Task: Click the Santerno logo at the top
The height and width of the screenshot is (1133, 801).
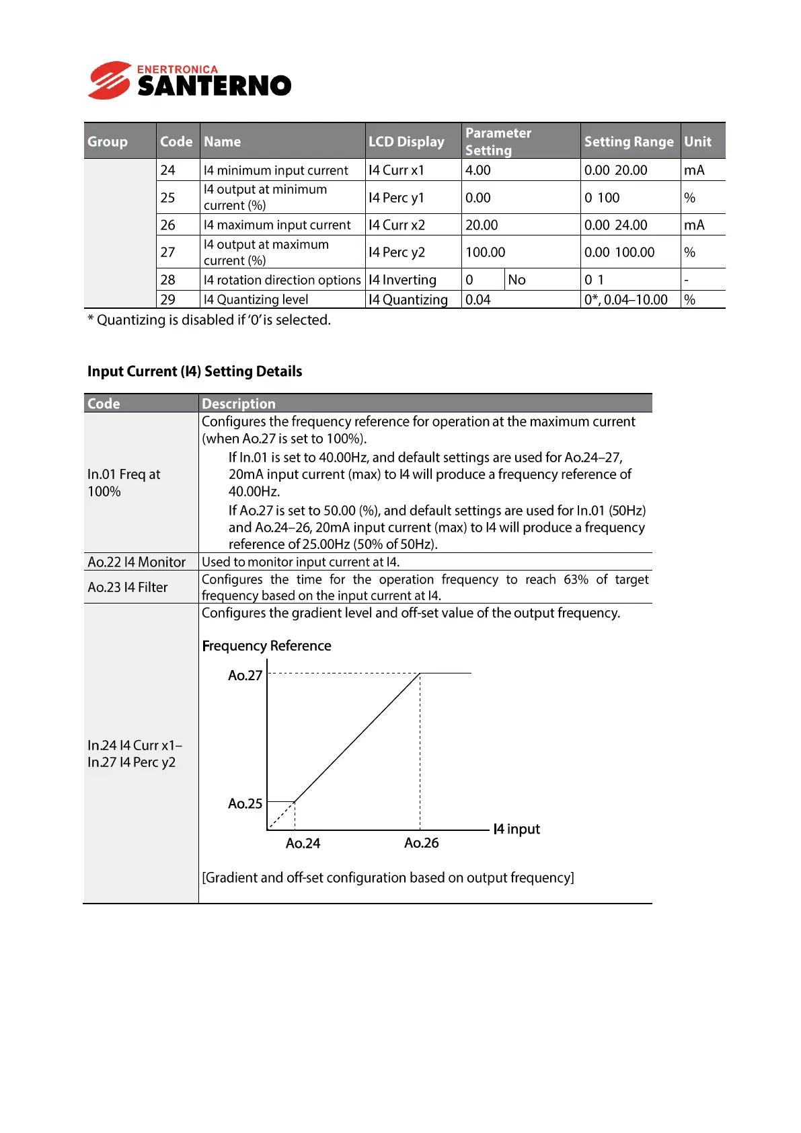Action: click(190, 81)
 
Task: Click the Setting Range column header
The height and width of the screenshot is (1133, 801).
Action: click(628, 141)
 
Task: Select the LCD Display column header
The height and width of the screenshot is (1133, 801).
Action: click(406, 141)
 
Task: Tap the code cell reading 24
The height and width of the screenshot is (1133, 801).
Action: click(168, 170)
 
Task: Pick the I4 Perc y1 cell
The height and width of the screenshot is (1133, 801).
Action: click(397, 198)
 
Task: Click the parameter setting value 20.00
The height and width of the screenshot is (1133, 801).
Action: click(482, 225)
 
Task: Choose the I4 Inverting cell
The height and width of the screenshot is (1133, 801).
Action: click(402, 280)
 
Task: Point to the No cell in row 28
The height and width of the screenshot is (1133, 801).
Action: click(517, 280)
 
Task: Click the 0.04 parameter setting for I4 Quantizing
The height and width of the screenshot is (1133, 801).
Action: click(478, 299)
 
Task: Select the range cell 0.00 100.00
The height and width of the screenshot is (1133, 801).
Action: click(619, 252)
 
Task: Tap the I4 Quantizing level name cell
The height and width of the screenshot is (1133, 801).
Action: click(256, 299)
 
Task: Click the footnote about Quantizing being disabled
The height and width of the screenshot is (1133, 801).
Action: click(209, 320)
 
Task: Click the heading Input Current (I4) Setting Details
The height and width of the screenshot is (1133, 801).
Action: click(194, 371)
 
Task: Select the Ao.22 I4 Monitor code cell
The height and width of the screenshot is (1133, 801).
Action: click(137, 562)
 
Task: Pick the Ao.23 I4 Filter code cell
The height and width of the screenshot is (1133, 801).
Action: click(128, 587)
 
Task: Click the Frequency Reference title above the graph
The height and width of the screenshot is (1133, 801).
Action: click(266, 646)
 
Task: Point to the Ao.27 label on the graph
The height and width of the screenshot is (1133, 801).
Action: click(245, 675)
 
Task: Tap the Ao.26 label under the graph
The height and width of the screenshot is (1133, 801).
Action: click(421, 843)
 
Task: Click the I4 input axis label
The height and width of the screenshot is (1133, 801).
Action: click(516, 829)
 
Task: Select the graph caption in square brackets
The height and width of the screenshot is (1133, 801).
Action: click(388, 877)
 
